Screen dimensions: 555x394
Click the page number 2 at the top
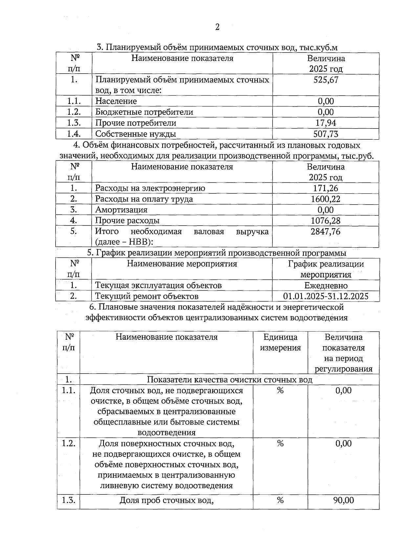point(217,27)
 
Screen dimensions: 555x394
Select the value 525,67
point(326,80)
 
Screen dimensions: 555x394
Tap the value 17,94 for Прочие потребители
point(326,123)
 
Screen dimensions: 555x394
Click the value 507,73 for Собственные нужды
point(326,134)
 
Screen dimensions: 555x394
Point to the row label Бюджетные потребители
point(144,112)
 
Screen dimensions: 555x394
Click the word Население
point(116,101)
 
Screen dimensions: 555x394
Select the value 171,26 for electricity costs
point(326,188)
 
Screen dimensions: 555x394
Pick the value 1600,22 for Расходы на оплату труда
point(326,199)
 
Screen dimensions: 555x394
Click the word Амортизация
point(121,210)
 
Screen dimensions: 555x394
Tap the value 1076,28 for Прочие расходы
point(326,221)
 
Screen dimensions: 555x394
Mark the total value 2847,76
point(326,231)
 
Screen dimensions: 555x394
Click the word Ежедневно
point(326,285)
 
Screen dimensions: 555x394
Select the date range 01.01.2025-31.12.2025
point(326,296)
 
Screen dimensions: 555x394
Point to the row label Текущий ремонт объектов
point(147,296)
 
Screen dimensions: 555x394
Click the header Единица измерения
point(280,342)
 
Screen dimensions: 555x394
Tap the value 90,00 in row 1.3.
point(343,500)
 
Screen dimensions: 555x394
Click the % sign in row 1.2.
point(280,444)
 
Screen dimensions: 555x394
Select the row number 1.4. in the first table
point(74,134)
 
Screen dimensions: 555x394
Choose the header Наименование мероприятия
point(182,264)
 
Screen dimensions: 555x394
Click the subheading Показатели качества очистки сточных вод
point(230,379)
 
